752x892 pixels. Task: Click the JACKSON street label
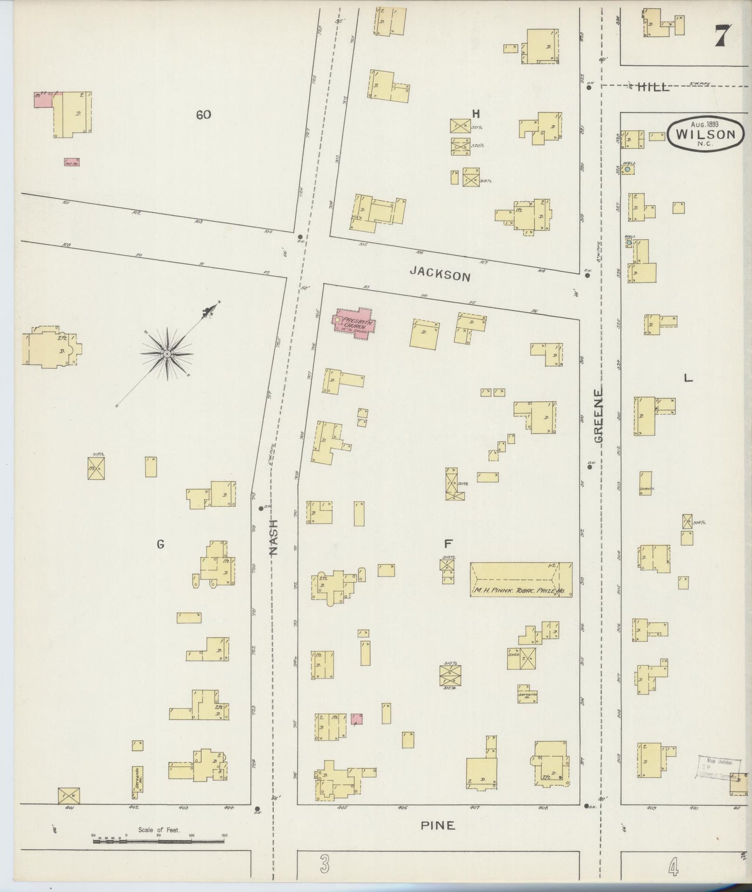click(x=439, y=274)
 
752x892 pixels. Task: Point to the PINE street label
click(x=438, y=825)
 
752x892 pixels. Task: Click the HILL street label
click(x=654, y=87)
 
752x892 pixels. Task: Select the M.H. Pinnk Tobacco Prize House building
click(x=521, y=579)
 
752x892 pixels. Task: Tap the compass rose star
click(x=167, y=354)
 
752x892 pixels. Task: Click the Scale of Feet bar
click(x=159, y=839)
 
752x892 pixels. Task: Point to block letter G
click(x=160, y=544)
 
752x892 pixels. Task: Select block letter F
click(x=447, y=544)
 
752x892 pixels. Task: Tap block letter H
click(x=475, y=113)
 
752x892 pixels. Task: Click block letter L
click(x=688, y=379)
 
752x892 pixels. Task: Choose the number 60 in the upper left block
click(x=203, y=114)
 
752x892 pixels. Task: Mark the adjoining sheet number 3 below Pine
click(x=325, y=866)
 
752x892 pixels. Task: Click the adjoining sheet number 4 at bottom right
click(x=673, y=867)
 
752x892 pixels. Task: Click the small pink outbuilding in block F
click(x=357, y=719)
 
